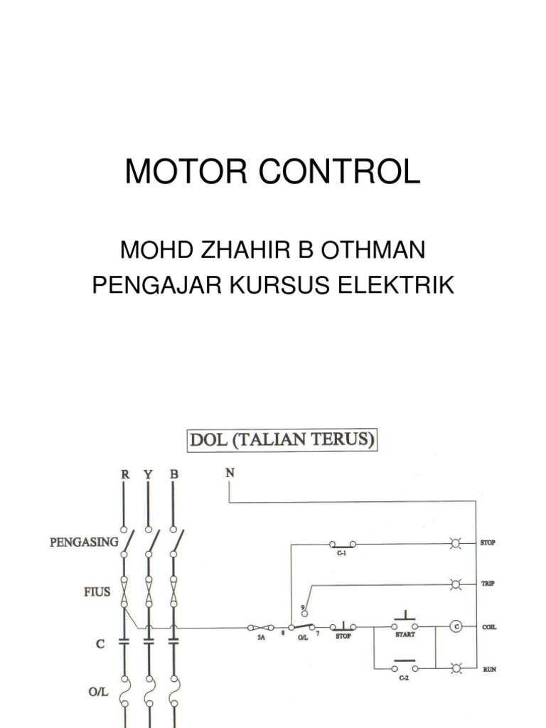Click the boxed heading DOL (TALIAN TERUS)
tap(282, 440)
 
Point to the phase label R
tap(124, 473)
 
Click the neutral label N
tap(230, 472)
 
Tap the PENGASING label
tap(84, 542)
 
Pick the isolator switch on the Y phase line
tap(149, 542)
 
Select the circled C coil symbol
tap(455, 626)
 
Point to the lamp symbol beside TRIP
tap(455, 584)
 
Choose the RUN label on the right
tap(490, 669)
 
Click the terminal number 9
tap(303, 606)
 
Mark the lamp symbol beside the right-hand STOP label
tap(455, 544)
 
